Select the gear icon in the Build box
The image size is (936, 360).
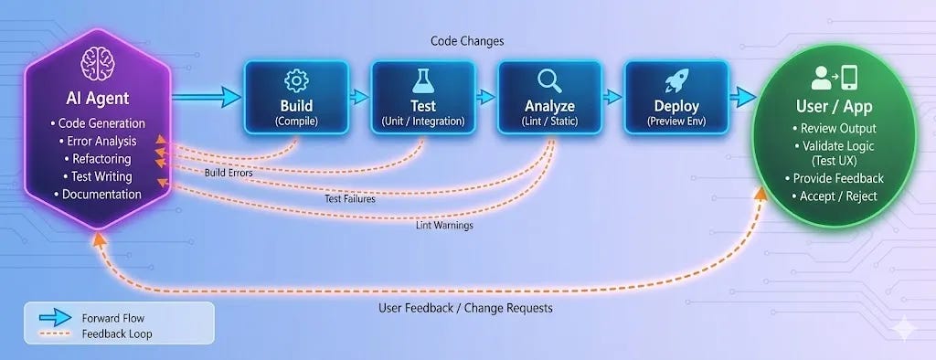coord(296,80)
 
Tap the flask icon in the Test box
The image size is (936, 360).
coord(422,80)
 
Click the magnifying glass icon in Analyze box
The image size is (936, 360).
coord(549,80)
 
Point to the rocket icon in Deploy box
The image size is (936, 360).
coord(675,80)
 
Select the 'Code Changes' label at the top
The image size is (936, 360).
coord(467,42)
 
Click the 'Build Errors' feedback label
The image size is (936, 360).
coord(229,172)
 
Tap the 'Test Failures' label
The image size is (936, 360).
coord(349,198)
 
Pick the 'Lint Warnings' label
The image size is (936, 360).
coord(444,225)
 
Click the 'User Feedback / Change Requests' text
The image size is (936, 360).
coord(465,308)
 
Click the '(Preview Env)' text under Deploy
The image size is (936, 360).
coord(675,121)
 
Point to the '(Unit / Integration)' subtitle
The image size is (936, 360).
coord(422,121)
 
